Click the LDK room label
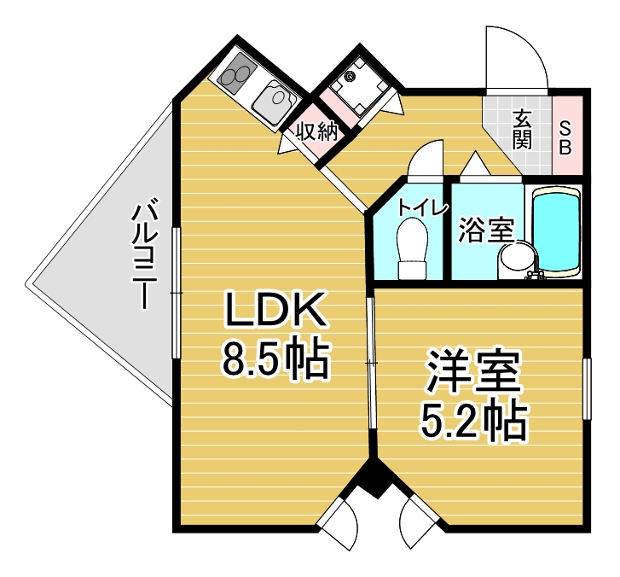click(275, 309)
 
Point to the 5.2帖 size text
click(473, 420)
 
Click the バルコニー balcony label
click(145, 256)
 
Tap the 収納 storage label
click(317, 131)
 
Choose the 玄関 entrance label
click(522, 130)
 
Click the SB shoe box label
click(565, 137)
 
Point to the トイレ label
click(423, 207)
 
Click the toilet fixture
click(413, 249)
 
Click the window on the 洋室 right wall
click(588, 388)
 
